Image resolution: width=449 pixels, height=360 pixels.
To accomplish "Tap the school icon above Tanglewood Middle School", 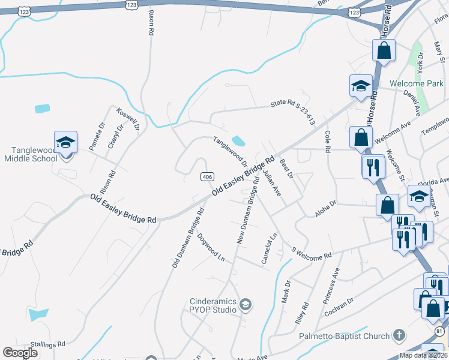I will click(x=65, y=143).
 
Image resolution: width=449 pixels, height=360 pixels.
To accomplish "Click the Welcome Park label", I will click(x=416, y=83).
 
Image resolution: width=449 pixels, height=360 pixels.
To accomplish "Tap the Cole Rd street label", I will click(x=328, y=142).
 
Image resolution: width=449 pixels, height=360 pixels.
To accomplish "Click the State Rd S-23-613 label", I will click(x=292, y=110).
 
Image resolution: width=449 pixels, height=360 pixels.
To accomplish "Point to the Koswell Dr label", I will click(x=128, y=119).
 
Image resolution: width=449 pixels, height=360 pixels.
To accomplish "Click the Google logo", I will click(x=20, y=353).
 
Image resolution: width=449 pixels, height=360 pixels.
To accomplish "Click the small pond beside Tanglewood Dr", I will click(x=238, y=142).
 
